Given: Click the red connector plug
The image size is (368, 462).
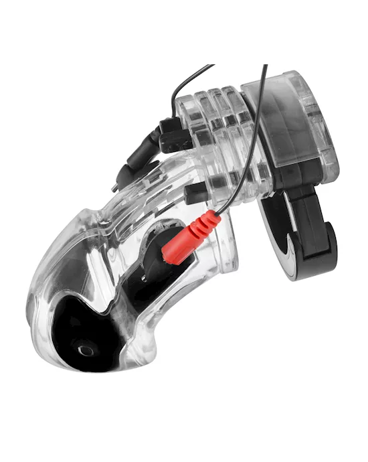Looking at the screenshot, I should pos(191,238).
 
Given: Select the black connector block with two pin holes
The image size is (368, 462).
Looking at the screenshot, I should pos(175,137).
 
